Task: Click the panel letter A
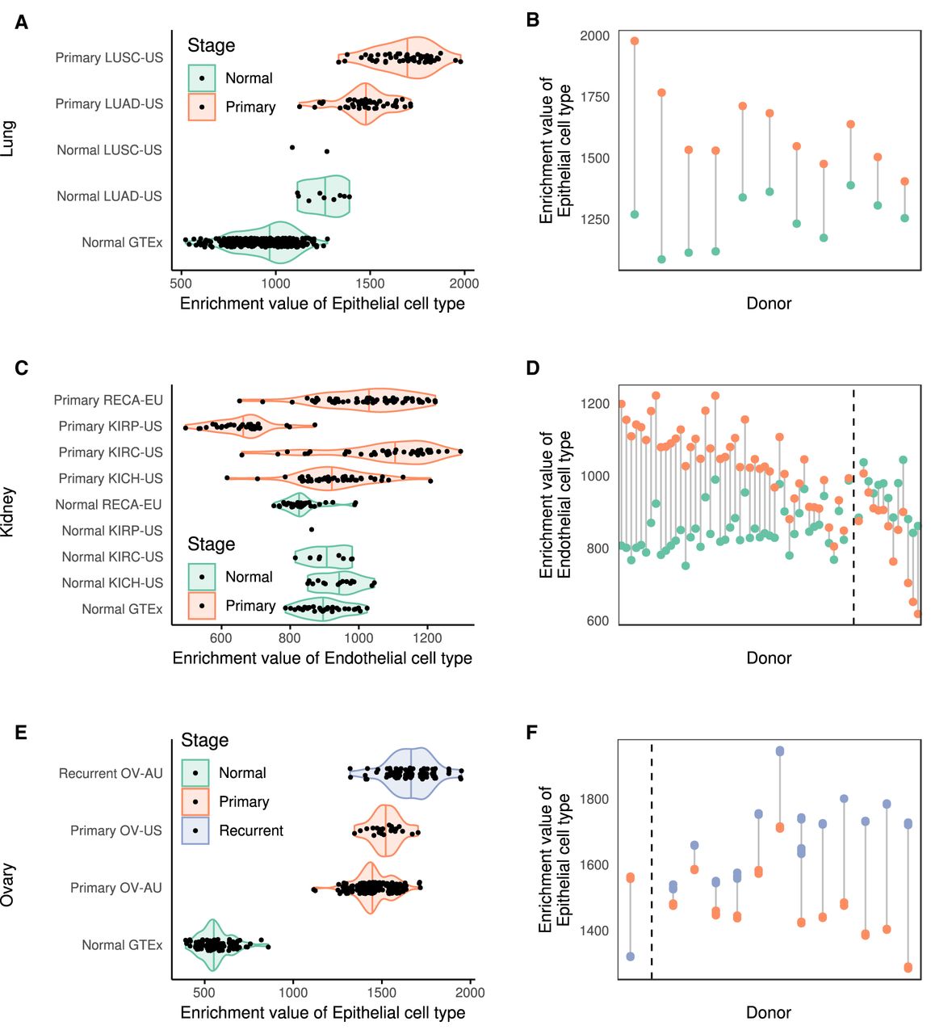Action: point(21,23)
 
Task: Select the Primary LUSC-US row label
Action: point(109,57)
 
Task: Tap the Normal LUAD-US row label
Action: point(109,196)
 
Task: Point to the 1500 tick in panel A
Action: point(370,284)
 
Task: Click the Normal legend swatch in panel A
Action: point(202,78)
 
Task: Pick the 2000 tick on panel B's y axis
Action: point(595,36)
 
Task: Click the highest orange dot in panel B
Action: point(635,41)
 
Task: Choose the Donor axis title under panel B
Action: point(769,304)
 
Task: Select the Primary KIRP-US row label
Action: point(111,427)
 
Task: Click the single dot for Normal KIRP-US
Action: point(312,530)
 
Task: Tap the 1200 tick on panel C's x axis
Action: point(427,637)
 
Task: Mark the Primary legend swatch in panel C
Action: point(202,606)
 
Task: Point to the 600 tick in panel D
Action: point(598,620)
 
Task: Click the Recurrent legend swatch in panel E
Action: point(195,830)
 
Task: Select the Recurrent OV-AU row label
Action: point(111,774)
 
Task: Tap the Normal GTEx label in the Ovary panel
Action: point(122,945)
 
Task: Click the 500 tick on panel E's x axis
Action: point(205,993)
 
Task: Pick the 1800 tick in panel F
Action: point(595,799)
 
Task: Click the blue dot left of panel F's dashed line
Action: point(631,956)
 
